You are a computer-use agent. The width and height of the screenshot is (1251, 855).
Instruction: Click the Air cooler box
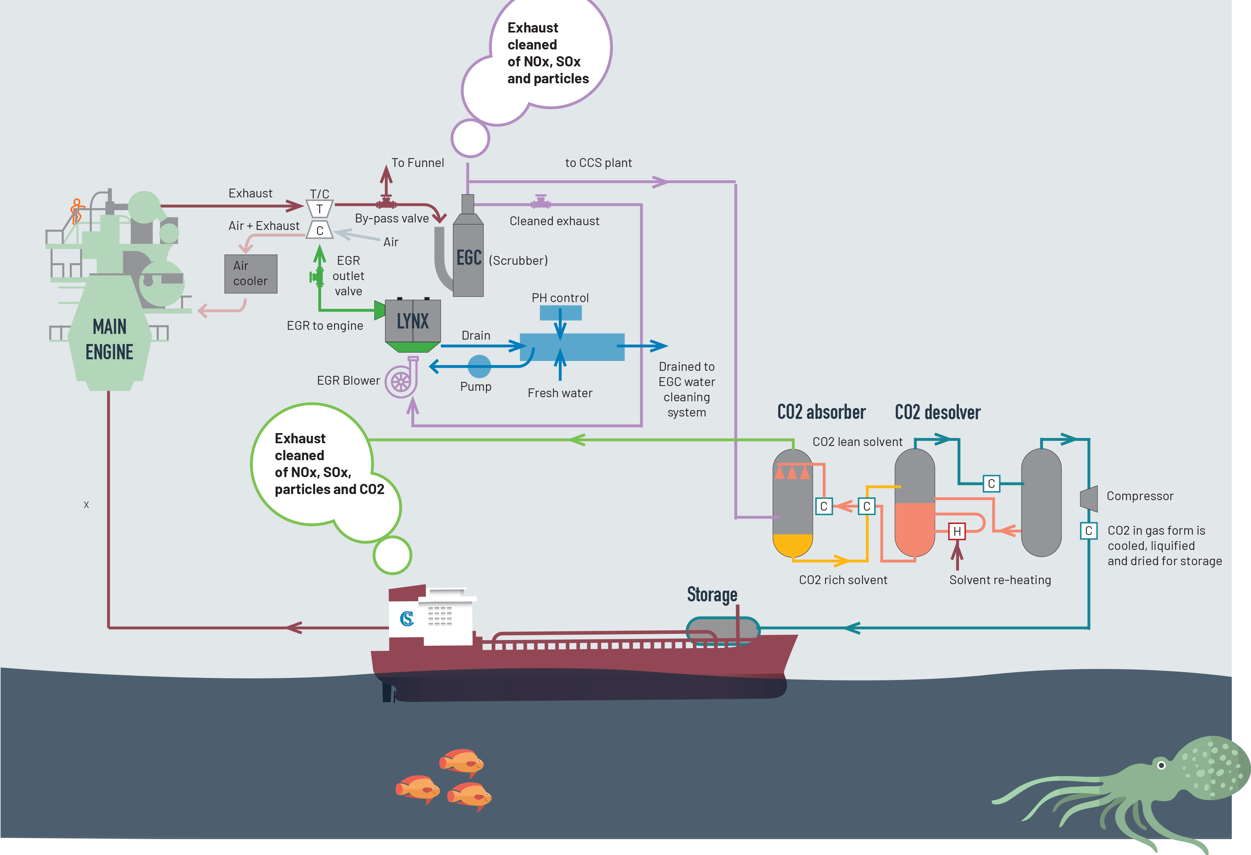coord(251,274)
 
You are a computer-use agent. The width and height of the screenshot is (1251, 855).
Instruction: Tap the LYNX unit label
coord(413,321)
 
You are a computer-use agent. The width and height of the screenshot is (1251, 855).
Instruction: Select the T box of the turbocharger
coord(320,209)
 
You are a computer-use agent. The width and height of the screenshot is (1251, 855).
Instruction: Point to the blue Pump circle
coord(479,366)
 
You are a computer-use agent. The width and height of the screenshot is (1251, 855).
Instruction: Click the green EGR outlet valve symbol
coord(316,277)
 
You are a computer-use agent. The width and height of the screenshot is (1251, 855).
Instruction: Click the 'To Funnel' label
coord(418,163)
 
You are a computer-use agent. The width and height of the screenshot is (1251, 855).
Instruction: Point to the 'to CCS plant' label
coord(599,163)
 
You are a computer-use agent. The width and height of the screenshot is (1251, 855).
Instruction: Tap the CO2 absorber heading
coord(821,412)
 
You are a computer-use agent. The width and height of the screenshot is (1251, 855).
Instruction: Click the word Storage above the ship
coord(712,595)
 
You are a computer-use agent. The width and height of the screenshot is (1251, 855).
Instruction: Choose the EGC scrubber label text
coord(469,258)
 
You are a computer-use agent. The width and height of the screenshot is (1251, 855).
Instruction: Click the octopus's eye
coord(1161,765)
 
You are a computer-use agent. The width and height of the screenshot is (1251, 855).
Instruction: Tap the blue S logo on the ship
coord(407,619)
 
